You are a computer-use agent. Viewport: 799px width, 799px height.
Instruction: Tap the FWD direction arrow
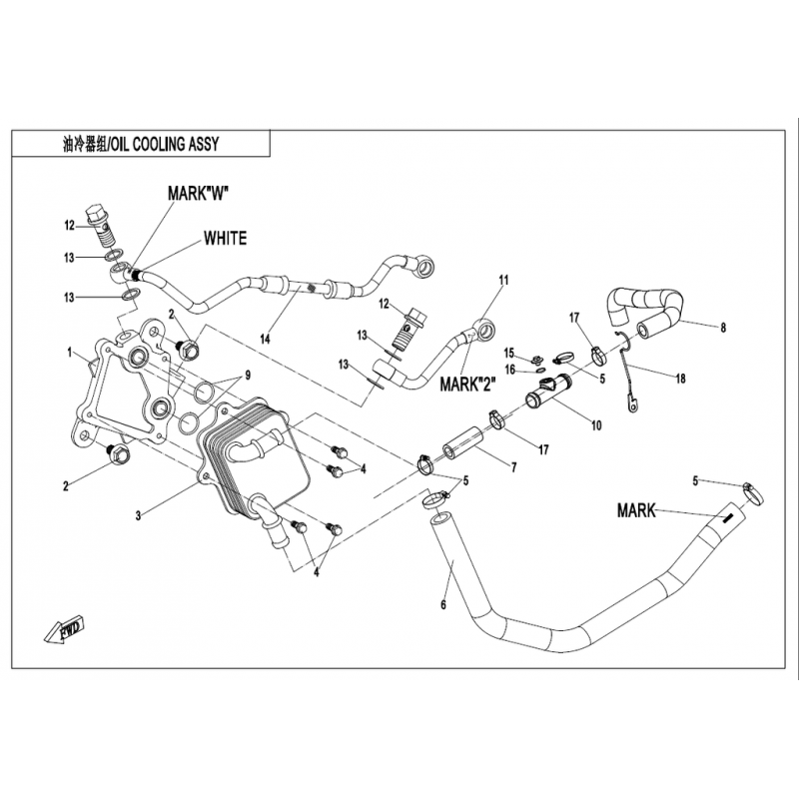pyautogui.click(x=69, y=631)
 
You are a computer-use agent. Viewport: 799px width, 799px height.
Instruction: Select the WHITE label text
pyautogui.click(x=225, y=239)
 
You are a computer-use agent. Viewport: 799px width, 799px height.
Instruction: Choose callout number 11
pyautogui.click(x=503, y=280)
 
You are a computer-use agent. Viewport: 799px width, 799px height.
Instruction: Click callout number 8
pyautogui.click(x=723, y=327)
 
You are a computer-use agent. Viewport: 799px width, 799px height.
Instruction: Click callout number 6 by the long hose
pyautogui.click(x=442, y=605)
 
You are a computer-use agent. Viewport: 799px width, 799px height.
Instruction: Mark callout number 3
pyautogui.click(x=140, y=515)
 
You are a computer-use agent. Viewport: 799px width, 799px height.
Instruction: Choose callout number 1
pyautogui.click(x=71, y=353)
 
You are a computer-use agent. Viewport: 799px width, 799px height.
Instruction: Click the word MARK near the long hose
pyautogui.click(x=636, y=511)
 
